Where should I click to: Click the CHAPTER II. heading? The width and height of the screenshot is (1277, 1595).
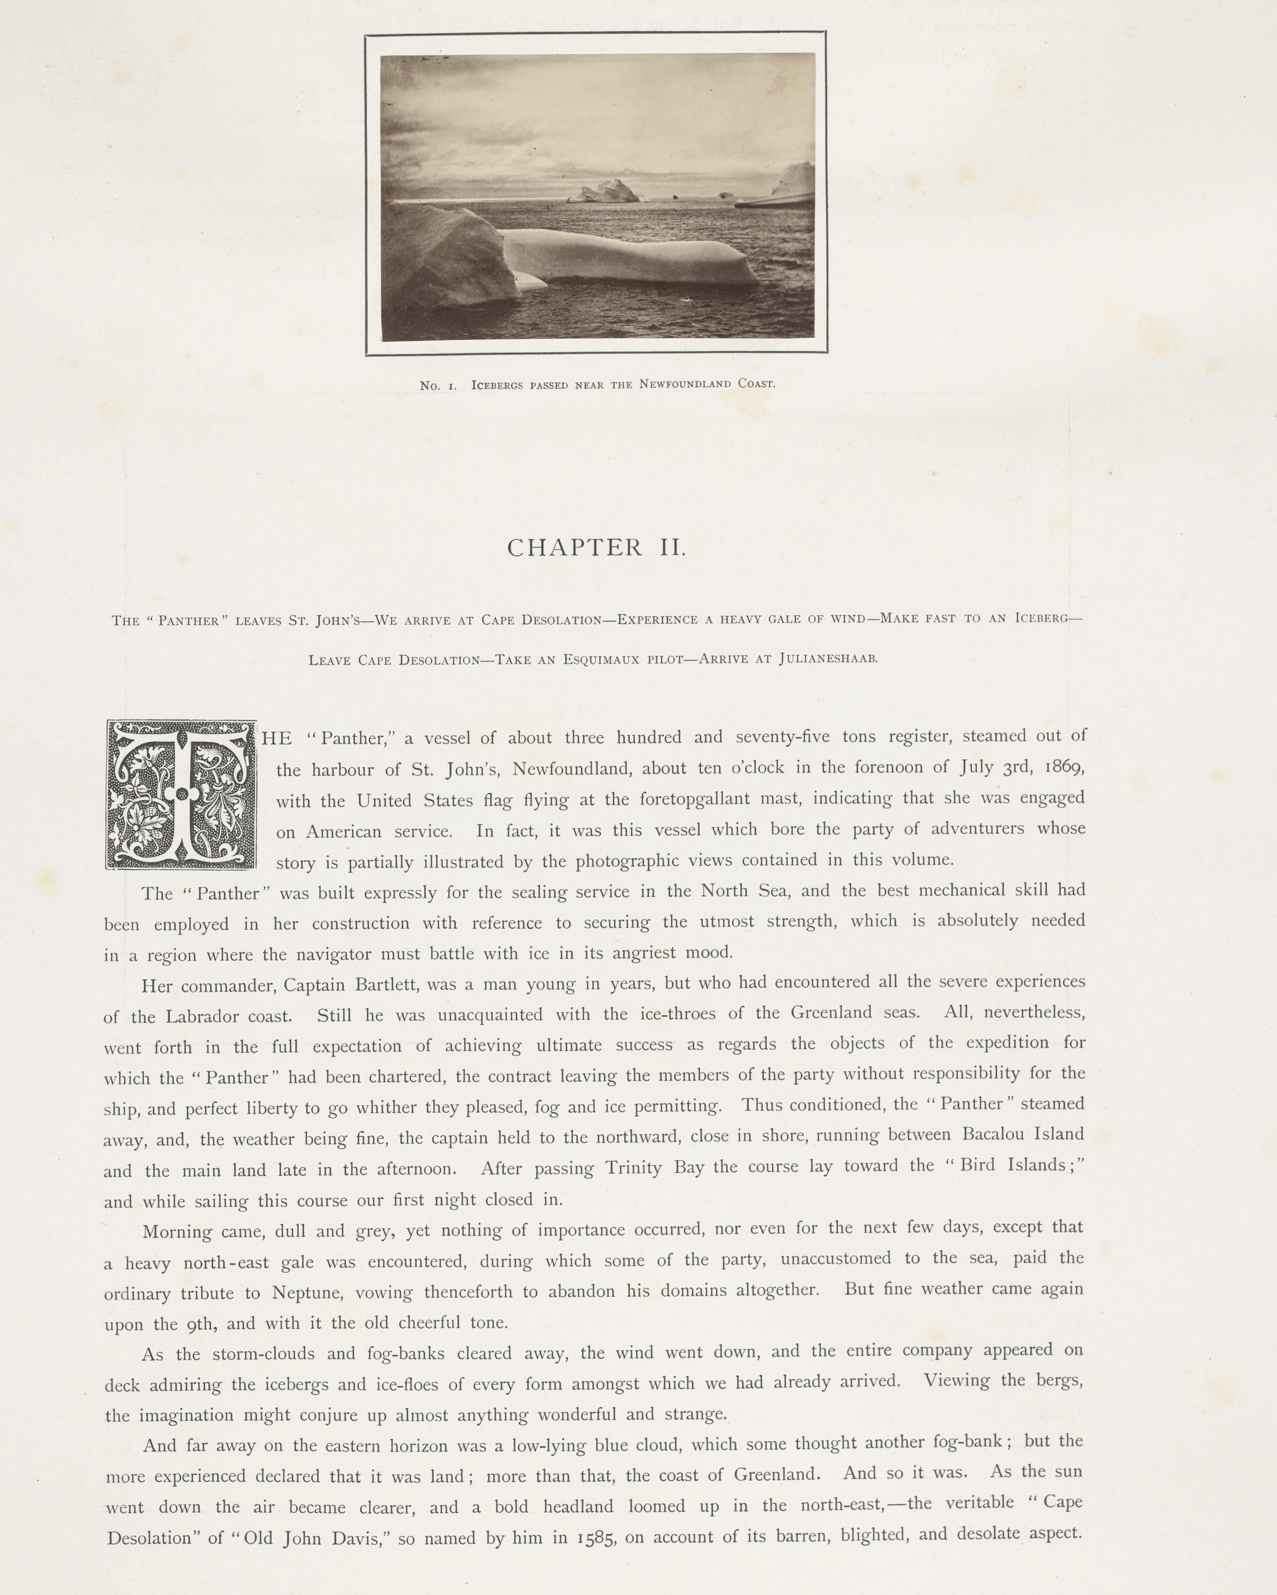pos(596,548)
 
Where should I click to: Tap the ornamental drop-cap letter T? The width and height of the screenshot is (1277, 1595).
pos(181,795)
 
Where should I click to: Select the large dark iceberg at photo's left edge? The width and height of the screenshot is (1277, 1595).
pos(444,270)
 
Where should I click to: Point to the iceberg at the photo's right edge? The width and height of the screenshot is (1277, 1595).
pos(792,185)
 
